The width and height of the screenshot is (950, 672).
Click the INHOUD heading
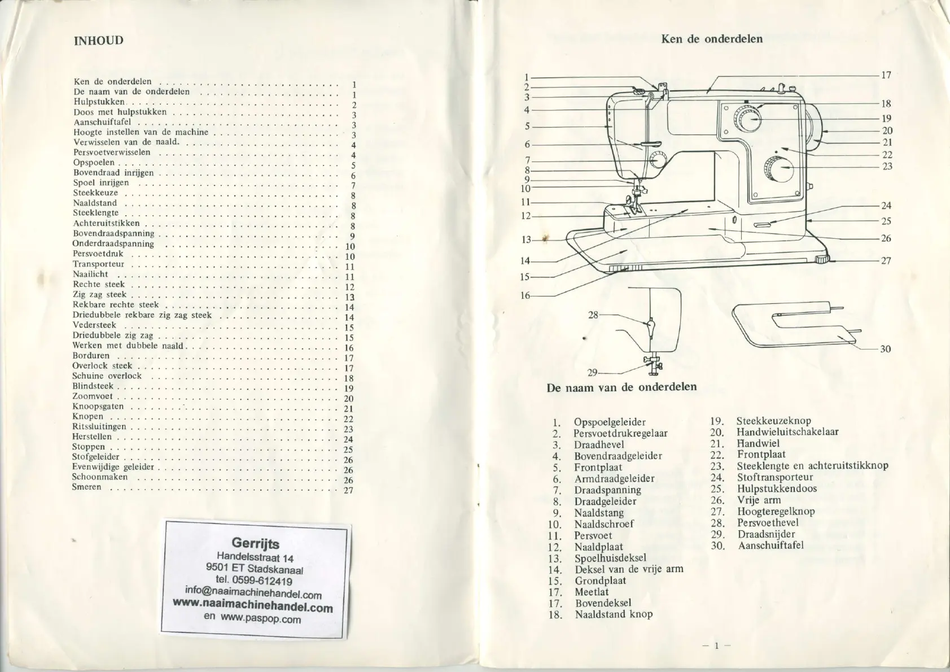click(98, 40)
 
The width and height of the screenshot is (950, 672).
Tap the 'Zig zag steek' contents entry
click(100, 294)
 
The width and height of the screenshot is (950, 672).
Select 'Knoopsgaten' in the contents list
click(98, 406)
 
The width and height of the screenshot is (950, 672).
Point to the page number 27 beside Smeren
click(348, 490)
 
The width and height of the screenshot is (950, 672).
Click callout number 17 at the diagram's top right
click(886, 75)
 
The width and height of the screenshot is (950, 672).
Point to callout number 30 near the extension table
click(885, 349)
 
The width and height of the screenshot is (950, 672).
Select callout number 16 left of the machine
click(525, 295)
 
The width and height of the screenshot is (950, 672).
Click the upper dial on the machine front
click(747, 119)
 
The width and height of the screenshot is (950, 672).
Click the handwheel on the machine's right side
click(816, 128)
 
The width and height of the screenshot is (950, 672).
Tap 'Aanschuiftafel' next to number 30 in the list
click(770, 546)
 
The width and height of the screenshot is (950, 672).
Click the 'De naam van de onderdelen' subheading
click(621, 387)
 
